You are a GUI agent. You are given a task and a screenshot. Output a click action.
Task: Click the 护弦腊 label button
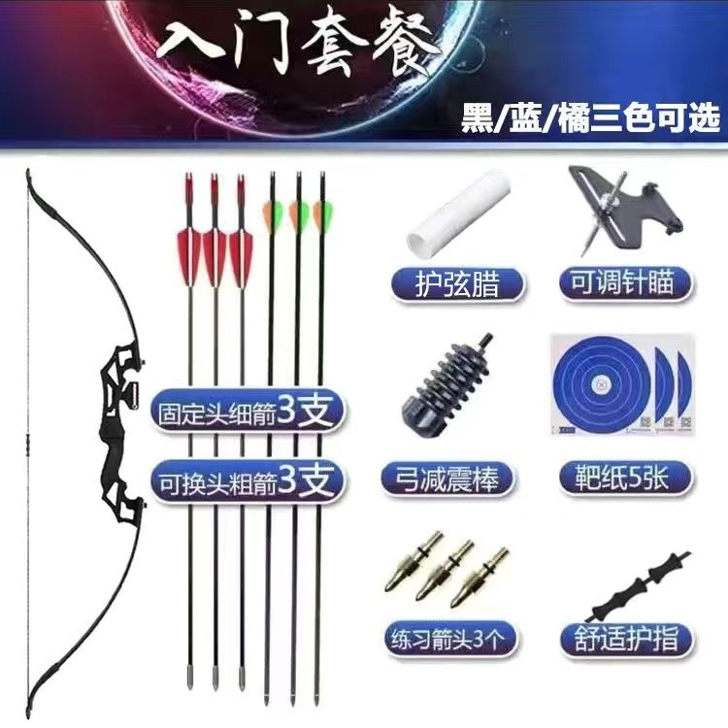tap(458, 285)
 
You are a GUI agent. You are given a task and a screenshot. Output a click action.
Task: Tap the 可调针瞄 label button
tap(625, 282)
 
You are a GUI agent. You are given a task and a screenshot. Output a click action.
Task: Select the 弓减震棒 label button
tap(447, 479)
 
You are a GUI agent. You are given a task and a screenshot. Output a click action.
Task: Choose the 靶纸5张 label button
tap(625, 478)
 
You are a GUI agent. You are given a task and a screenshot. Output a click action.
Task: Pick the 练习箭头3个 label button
tap(449, 639)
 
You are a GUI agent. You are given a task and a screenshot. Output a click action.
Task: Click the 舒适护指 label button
tap(626, 640)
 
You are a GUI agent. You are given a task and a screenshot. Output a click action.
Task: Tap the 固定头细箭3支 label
tap(248, 412)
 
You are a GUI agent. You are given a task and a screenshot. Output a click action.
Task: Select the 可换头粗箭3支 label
tap(248, 481)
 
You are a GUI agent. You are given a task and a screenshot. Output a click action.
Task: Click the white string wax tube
tap(457, 211)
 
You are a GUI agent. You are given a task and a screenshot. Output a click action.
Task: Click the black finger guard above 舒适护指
tap(640, 586)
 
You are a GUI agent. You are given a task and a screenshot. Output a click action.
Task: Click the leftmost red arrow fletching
tap(189, 255)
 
